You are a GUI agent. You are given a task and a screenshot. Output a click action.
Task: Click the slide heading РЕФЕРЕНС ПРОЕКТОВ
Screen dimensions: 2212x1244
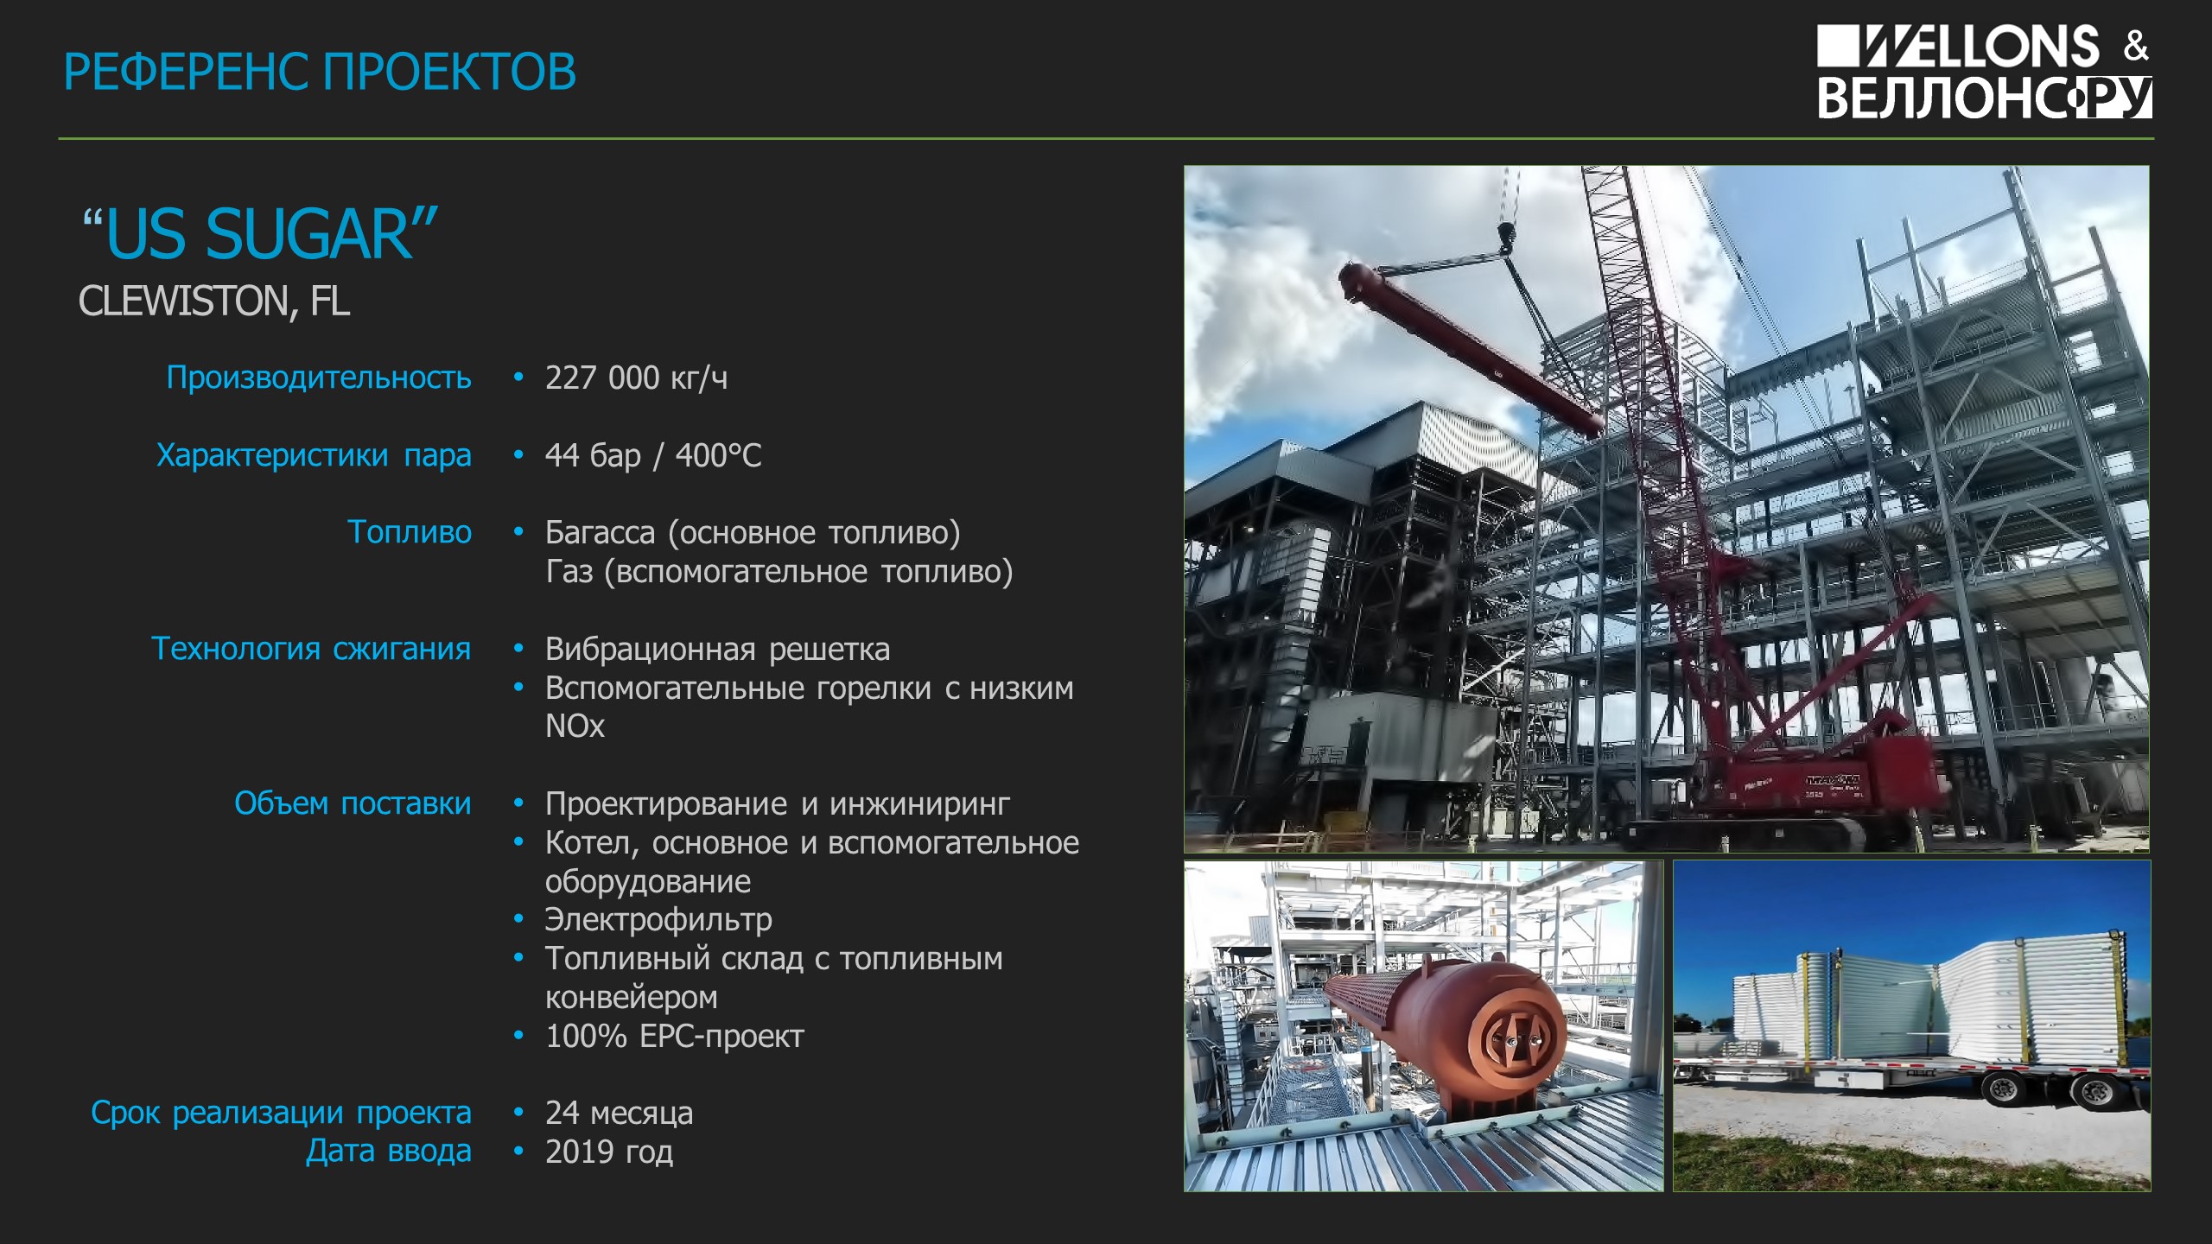pyautogui.click(x=320, y=71)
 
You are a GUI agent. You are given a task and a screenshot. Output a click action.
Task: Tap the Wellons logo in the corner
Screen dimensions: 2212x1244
pyautogui.click(x=1984, y=71)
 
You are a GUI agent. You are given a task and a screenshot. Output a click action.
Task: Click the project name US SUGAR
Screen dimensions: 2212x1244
pyautogui.click(x=260, y=234)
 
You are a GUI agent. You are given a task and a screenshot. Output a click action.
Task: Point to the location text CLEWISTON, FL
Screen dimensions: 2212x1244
pyautogui.click(x=214, y=301)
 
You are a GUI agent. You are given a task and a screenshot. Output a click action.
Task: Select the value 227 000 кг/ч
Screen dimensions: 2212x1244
pyautogui.click(x=636, y=378)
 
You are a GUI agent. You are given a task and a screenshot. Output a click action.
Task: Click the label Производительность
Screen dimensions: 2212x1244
pyautogui.click(x=319, y=378)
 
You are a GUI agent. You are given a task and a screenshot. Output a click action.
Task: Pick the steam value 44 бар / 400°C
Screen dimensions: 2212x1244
pyautogui.click(x=653, y=455)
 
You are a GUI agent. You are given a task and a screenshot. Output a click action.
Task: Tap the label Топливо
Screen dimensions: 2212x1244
pyautogui.click(x=410, y=532)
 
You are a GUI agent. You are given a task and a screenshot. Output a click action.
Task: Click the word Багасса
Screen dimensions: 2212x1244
pyautogui.click(x=600, y=532)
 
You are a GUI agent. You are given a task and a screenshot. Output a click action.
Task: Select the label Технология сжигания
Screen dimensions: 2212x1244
pyautogui.click(x=311, y=648)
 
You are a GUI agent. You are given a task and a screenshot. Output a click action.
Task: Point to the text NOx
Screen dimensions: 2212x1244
pyautogui.click(x=575, y=726)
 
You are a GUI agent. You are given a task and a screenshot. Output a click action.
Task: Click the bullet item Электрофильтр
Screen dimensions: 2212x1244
pyautogui.click(x=658, y=920)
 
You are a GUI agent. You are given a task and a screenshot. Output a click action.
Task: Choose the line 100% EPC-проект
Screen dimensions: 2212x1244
pyautogui.click(x=675, y=1036)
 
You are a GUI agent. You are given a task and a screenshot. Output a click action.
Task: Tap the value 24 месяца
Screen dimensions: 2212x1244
pyautogui.click(x=619, y=1113)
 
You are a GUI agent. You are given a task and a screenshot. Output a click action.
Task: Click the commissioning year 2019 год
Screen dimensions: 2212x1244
pyautogui.click(x=609, y=1152)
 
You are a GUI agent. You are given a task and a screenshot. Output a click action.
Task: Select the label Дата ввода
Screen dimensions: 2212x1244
pyautogui.click(x=389, y=1152)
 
